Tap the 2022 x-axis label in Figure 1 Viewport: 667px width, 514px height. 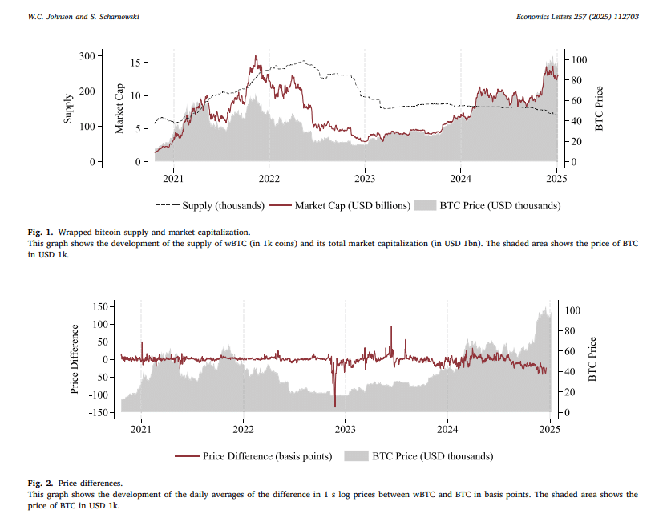[269, 178]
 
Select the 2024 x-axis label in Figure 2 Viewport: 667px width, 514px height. [447, 429]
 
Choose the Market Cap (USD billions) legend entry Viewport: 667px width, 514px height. [342, 205]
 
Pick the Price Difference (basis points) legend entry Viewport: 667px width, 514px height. [253, 456]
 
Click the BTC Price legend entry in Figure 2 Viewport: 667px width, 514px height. [420, 456]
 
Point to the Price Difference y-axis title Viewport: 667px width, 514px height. [75, 359]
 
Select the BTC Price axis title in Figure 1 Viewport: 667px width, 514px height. [598, 108]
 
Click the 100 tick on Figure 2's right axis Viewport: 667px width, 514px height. [572, 310]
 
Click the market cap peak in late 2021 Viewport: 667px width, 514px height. [256, 58]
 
